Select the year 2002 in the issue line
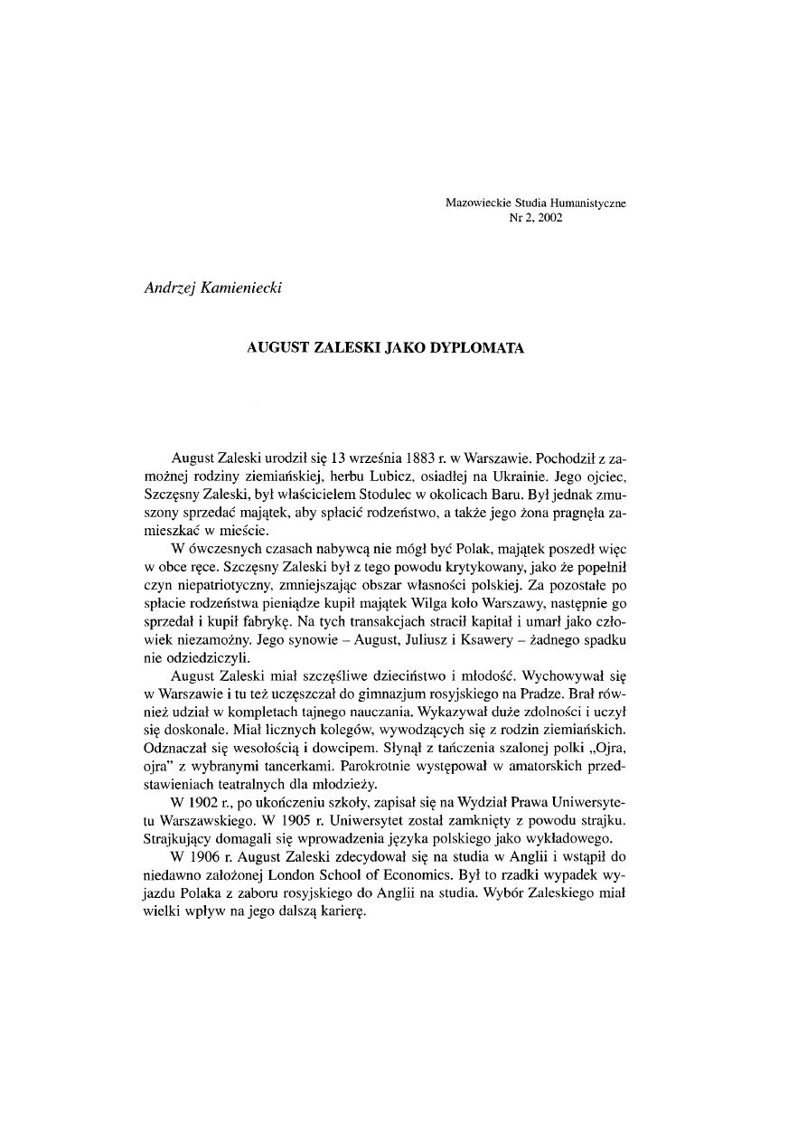pyautogui.click(x=549, y=218)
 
